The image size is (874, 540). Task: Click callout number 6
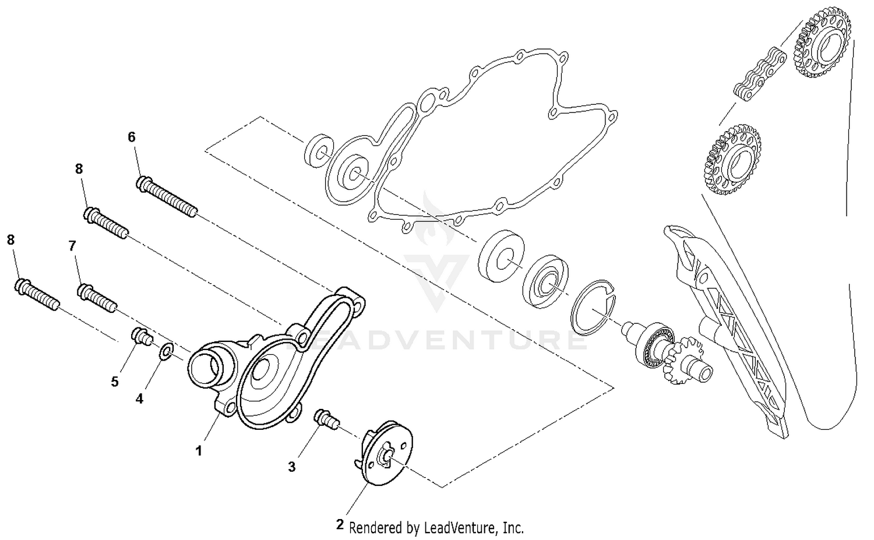point(132,137)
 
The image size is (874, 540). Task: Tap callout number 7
point(72,246)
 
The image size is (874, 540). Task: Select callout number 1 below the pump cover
point(199,450)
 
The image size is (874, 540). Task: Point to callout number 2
point(340,524)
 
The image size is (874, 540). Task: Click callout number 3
point(292,466)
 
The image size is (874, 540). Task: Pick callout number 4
point(139,398)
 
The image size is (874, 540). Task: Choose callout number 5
point(115,382)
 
